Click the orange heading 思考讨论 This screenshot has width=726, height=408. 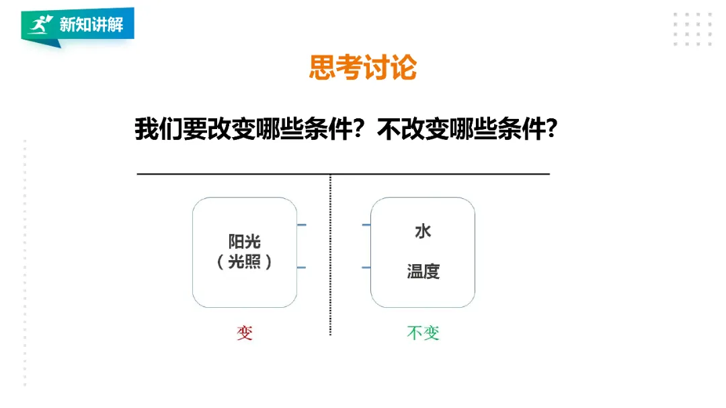coord(362,67)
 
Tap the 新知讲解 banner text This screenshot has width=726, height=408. coord(91,26)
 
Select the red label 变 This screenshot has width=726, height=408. coord(245,333)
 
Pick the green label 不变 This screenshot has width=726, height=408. coord(423,333)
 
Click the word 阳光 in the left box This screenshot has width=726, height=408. coord(245,242)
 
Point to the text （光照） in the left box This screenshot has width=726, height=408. coord(245,262)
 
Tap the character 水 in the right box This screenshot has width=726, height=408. coord(423,232)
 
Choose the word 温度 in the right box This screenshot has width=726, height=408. coord(423,272)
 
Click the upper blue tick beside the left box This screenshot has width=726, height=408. coord(302,225)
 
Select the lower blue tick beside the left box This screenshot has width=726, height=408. coord(302,268)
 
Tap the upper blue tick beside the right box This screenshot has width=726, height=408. coord(366,225)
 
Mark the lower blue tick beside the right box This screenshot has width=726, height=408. coord(366,268)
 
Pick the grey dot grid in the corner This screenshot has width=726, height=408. coord(692,29)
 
